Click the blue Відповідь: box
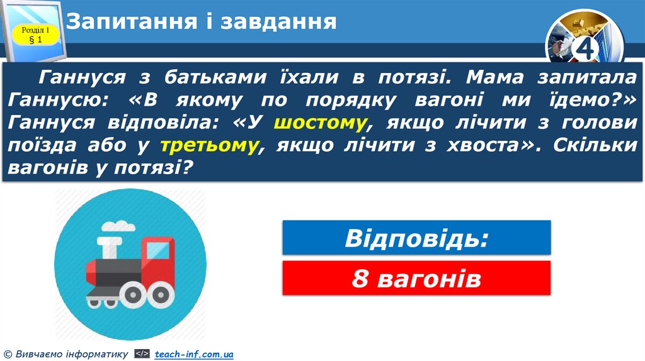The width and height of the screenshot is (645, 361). tap(416, 237)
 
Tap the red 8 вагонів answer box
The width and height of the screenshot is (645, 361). tap(416, 278)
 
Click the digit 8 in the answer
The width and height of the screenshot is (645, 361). tap(360, 278)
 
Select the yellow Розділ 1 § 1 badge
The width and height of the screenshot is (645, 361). tap(35, 35)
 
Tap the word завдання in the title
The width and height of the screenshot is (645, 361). tap(278, 21)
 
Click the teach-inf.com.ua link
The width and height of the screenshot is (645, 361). tap(194, 355)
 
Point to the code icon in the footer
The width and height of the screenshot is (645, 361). tap(142, 355)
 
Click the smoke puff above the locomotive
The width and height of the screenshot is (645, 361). tap(119, 226)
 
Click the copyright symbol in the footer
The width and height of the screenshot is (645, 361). tap(7, 355)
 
